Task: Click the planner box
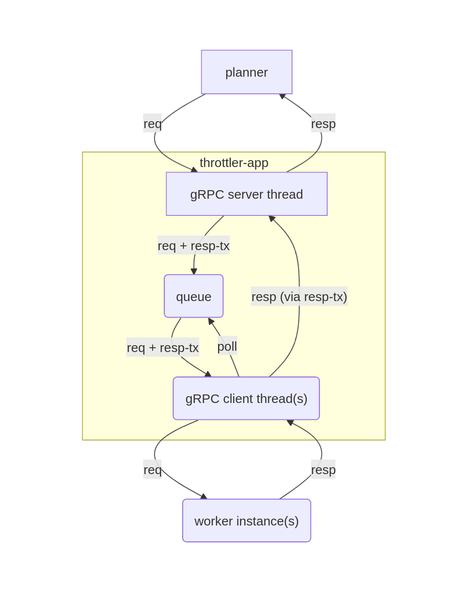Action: point(247,72)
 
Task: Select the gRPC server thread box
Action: point(247,194)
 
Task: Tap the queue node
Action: point(194,296)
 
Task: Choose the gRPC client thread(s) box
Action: point(246,398)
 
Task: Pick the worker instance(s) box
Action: point(247,521)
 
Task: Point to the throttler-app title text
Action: point(234,163)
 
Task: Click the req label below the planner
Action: point(153,123)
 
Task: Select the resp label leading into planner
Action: point(323,123)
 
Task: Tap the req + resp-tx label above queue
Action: point(194,245)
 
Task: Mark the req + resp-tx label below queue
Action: point(163,347)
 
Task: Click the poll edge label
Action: point(227,346)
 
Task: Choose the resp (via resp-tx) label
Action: point(299,296)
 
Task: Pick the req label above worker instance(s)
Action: point(153,469)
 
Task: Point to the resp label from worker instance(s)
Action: point(323,469)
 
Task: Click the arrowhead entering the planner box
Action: point(282,96)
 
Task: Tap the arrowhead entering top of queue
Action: point(194,272)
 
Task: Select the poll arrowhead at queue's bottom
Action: point(210,321)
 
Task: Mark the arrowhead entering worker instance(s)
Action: point(204,497)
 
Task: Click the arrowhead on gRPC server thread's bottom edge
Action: point(272,218)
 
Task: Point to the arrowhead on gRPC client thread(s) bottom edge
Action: point(290,422)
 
